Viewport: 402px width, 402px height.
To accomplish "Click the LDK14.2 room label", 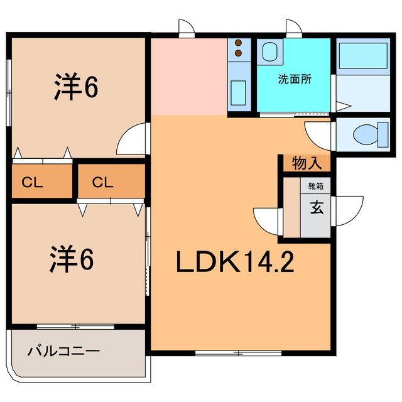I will coord(234,262).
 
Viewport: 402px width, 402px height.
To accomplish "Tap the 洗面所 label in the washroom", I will coord(295,80).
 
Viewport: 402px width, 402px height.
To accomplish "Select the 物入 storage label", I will coord(307,164).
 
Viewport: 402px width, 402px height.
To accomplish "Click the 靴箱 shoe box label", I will coord(315,186).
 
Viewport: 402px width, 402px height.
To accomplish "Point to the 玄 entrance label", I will coord(316,208).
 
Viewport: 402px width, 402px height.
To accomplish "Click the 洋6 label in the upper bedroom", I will coord(74,89).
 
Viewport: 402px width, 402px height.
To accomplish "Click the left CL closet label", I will coord(32,183).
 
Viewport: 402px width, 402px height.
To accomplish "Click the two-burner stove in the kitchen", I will coord(239,49).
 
